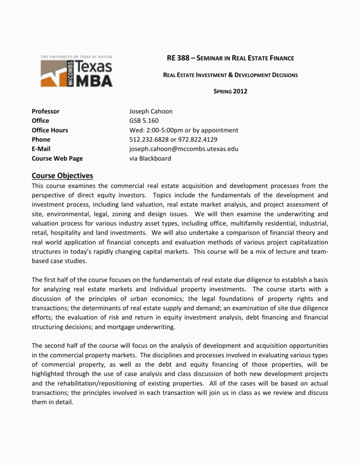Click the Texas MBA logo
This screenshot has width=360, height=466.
point(76,71)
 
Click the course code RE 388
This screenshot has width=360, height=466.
point(177,58)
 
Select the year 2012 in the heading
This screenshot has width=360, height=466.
point(240,91)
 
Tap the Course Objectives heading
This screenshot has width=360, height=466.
point(62,175)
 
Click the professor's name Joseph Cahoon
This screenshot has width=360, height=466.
point(151,111)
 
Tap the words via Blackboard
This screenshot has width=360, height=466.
point(150,158)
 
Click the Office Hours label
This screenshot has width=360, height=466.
point(50,130)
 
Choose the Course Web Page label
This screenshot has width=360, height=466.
point(57,158)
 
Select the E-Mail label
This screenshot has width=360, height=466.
point(41,149)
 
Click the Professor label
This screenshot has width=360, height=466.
point(46,111)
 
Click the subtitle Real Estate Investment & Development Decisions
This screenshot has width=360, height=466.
point(230,75)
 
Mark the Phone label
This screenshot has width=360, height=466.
point(41,140)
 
